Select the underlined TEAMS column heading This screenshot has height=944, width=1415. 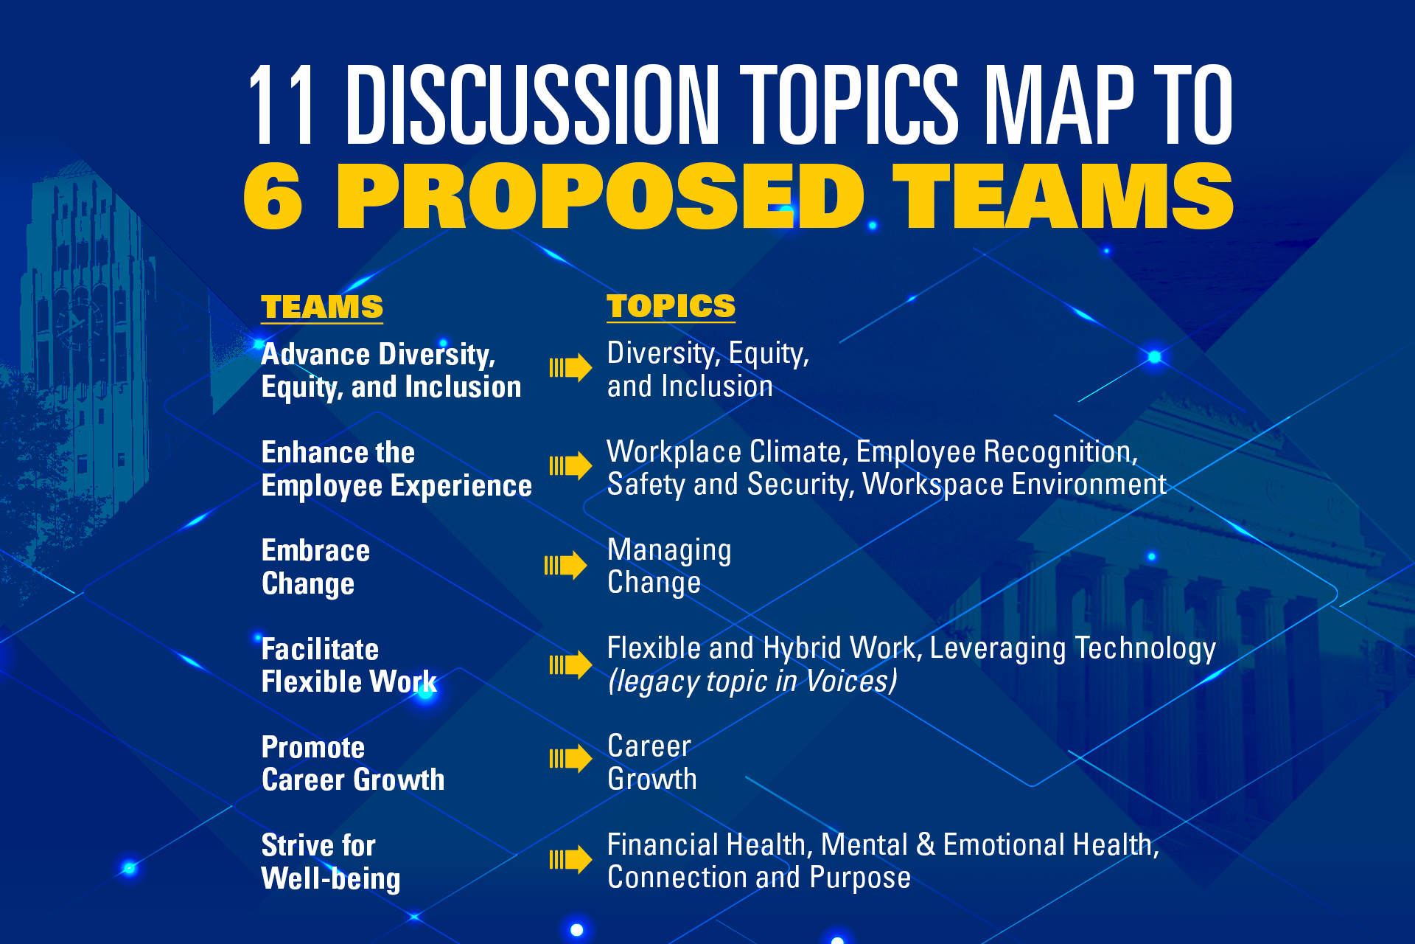[x=322, y=307]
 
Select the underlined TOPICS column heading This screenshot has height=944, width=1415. [x=671, y=306]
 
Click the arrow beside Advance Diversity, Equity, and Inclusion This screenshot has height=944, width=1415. [x=570, y=367]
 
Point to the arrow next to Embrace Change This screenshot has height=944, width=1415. [x=565, y=566]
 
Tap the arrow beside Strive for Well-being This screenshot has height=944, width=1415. [x=570, y=859]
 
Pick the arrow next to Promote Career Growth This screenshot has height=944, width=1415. [x=570, y=759]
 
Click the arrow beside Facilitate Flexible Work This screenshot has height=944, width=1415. [x=570, y=664]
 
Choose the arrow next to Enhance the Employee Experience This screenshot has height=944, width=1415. [x=570, y=465]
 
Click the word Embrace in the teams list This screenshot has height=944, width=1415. [x=316, y=551]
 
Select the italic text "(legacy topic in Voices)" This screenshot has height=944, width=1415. [x=752, y=681]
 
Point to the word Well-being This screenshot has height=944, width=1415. [x=331, y=879]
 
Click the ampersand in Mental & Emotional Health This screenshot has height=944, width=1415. [x=926, y=845]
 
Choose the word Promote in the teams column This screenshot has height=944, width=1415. [x=313, y=747]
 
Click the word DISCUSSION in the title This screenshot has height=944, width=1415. [x=532, y=104]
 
